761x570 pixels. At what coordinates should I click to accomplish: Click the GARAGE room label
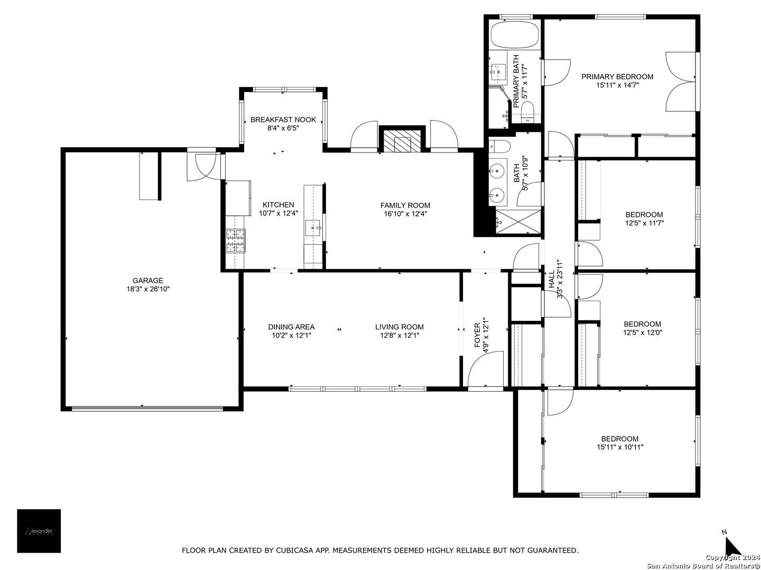(147, 280)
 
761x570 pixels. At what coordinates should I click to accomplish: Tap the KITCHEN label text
(278, 205)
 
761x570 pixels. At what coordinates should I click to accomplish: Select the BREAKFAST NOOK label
(283, 119)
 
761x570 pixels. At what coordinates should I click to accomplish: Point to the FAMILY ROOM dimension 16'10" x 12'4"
(405, 214)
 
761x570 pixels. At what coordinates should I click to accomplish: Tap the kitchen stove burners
(236, 241)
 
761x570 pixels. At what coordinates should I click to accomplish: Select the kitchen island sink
(313, 227)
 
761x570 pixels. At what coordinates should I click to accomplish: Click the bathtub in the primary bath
(515, 35)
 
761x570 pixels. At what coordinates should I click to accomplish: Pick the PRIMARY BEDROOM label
(617, 77)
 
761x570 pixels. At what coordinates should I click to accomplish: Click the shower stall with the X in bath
(518, 221)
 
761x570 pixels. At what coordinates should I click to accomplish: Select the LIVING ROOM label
(400, 327)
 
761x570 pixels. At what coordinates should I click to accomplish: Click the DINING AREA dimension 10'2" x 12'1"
(291, 335)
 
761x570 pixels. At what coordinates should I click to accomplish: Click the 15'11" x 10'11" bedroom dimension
(620, 447)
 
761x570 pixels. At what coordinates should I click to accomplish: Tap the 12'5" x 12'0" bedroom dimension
(643, 332)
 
